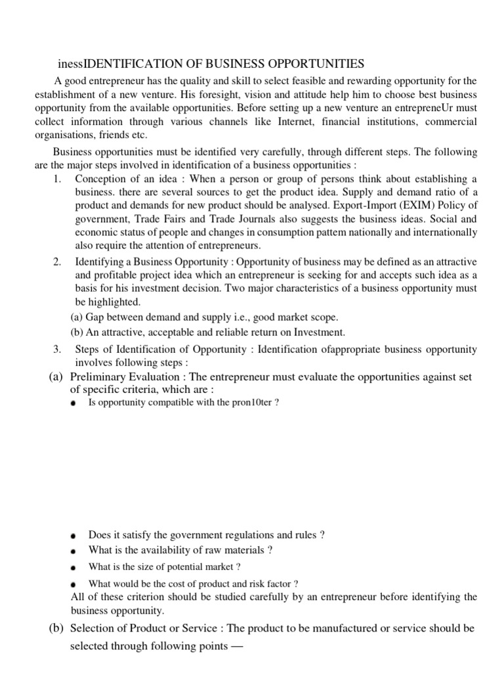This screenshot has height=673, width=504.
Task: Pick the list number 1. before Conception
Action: point(57,179)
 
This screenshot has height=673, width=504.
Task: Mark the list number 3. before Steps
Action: point(57,349)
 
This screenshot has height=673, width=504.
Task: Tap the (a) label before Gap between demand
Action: point(77,317)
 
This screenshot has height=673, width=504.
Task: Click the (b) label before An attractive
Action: point(77,332)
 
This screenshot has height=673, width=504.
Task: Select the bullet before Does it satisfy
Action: point(73,536)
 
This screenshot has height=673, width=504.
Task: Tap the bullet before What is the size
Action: point(73,567)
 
